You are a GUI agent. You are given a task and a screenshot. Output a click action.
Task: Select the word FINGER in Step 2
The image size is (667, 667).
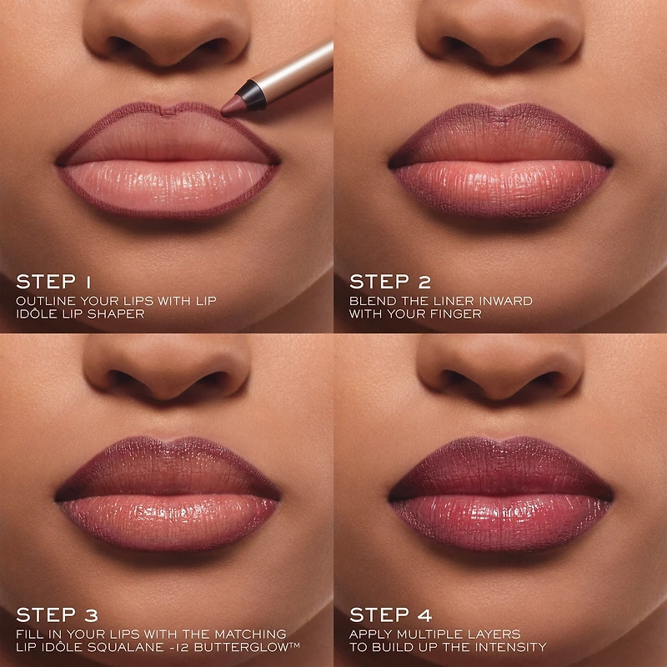click(459, 314)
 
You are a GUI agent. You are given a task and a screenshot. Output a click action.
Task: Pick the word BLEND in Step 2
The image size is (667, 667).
click(369, 300)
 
